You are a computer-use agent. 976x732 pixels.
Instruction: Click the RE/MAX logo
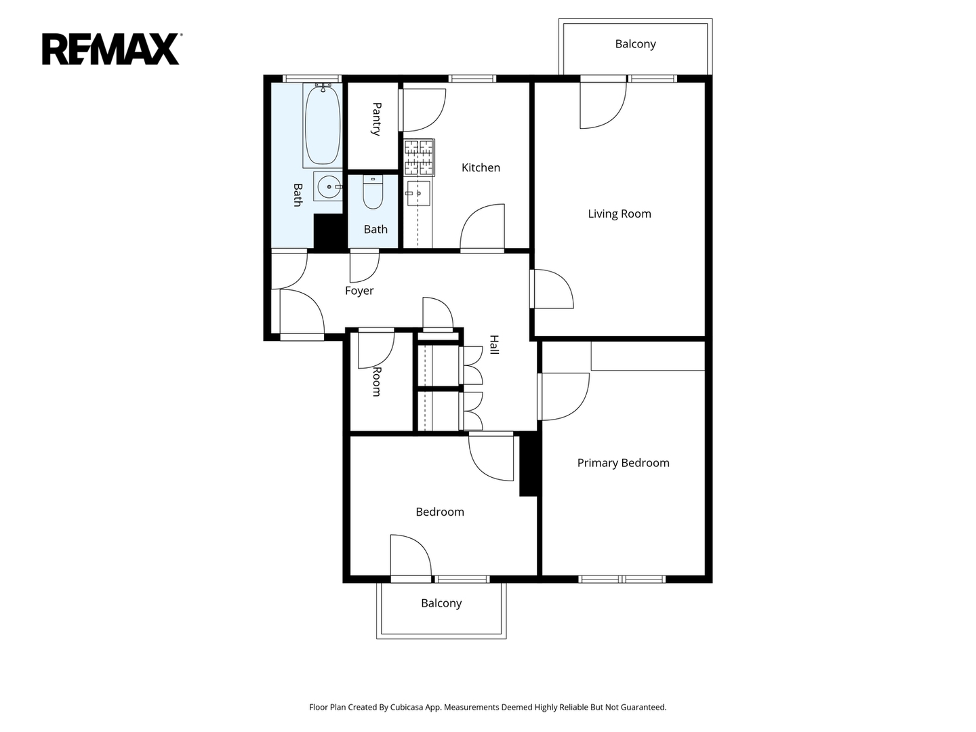point(111,49)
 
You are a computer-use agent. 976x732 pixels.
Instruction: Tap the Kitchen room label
point(481,167)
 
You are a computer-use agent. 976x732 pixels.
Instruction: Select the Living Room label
point(619,213)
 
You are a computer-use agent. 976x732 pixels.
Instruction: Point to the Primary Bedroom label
point(623,463)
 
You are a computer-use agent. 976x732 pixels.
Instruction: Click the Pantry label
point(376,119)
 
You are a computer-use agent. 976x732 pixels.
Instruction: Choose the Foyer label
point(359,291)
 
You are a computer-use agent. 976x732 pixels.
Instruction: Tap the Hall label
point(494,344)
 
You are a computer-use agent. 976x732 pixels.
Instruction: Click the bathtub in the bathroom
point(323,125)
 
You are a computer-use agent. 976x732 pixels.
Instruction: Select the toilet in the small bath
point(373,192)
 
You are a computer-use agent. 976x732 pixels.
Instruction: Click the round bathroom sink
point(328,187)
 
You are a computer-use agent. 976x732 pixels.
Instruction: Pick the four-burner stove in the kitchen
point(419,157)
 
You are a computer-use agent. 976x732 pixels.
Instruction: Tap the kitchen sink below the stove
point(418,193)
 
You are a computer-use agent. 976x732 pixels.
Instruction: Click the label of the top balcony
point(635,44)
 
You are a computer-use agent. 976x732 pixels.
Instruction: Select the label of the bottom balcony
point(441,603)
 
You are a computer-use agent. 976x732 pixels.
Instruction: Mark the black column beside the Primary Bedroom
point(529,465)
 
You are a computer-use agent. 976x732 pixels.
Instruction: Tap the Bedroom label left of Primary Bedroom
point(440,512)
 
